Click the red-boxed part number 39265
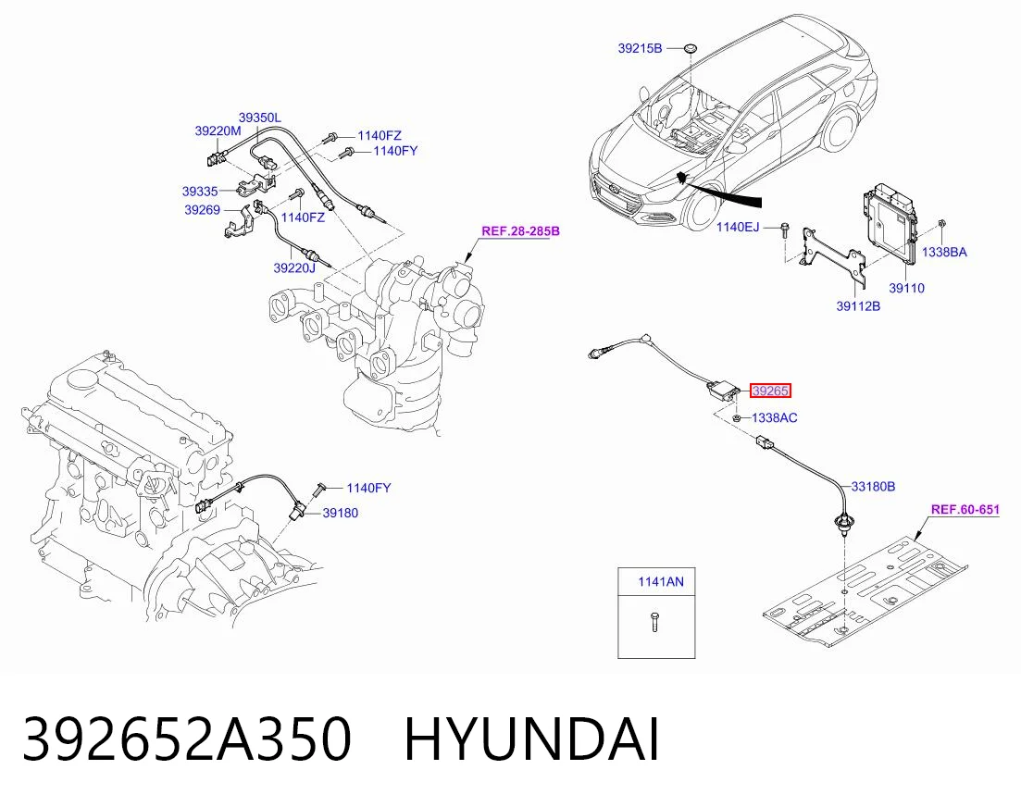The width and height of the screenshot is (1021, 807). [x=770, y=391]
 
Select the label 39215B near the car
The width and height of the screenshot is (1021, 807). [x=640, y=48]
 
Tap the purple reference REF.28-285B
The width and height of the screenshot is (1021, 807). [x=520, y=231]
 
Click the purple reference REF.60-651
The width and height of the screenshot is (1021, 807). [x=965, y=510]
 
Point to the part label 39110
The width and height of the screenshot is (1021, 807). [x=906, y=289]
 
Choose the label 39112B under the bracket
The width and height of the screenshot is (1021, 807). [x=858, y=306]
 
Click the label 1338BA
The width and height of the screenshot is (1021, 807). [x=945, y=253]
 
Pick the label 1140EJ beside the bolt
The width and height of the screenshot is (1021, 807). [x=738, y=227]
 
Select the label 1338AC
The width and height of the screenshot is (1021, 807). [x=774, y=417]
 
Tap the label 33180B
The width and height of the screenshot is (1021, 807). [x=873, y=486]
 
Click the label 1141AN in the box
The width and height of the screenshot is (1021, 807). [x=661, y=582]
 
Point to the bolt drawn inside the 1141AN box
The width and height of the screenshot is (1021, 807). [x=654, y=622]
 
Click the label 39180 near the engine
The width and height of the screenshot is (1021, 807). [x=341, y=514]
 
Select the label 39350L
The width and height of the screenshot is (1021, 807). [x=260, y=118]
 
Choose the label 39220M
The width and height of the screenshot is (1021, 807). [x=218, y=130]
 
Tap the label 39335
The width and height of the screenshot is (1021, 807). [x=200, y=192]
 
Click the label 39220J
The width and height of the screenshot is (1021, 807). [x=294, y=268]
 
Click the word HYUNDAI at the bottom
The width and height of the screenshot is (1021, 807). [x=532, y=739]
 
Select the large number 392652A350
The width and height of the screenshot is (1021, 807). [x=188, y=739]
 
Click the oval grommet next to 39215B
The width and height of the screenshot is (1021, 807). [x=690, y=47]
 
